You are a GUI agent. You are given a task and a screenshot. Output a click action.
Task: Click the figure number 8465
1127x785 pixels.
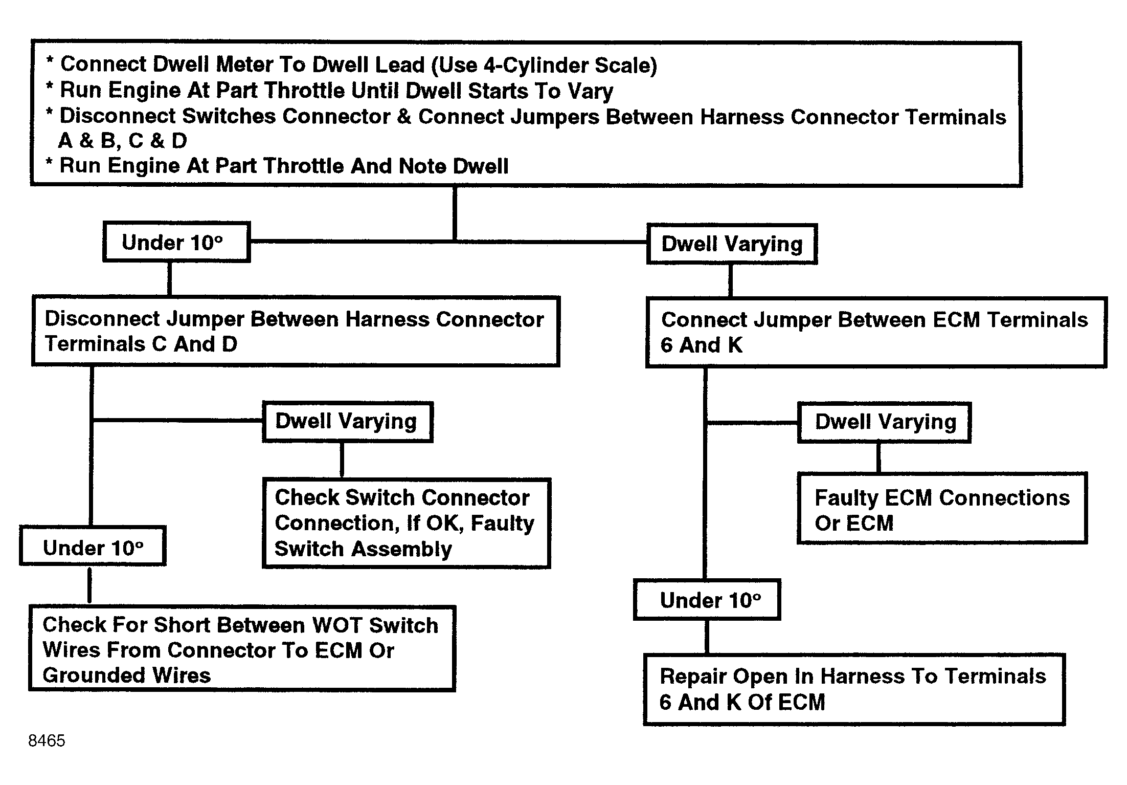tap(47, 740)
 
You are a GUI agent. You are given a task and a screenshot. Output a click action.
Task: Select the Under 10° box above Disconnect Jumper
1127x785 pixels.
tap(176, 242)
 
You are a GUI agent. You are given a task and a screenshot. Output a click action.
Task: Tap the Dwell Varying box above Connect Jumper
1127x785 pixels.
tap(732, 244)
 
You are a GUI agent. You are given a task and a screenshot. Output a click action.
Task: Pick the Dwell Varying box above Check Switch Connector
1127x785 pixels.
tap(348, 422)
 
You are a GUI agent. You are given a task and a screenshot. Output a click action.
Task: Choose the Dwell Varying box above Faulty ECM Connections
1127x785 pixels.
tap(884, 422)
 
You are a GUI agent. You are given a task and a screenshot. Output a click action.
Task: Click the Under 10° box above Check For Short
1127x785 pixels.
tap(93, 546)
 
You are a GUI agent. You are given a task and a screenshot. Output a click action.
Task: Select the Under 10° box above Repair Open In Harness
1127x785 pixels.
tap(707, 599)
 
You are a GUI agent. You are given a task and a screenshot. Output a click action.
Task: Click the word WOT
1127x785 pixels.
tap(337, 625)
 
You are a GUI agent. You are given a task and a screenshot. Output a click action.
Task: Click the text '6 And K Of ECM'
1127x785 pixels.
tap(742, 702)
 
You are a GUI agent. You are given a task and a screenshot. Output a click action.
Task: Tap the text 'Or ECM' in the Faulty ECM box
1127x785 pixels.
tap(854, 523)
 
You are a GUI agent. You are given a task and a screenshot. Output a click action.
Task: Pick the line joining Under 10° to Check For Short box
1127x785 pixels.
tap(90, 586)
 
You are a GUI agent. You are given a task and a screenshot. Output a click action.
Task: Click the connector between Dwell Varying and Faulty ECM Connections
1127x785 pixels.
tap(878, 458)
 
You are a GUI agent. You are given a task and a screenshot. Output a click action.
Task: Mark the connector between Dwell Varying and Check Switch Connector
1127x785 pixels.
tap(342, 460)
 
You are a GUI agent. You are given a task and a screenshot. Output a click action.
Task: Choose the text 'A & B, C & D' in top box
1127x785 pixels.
tap(123, 141)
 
